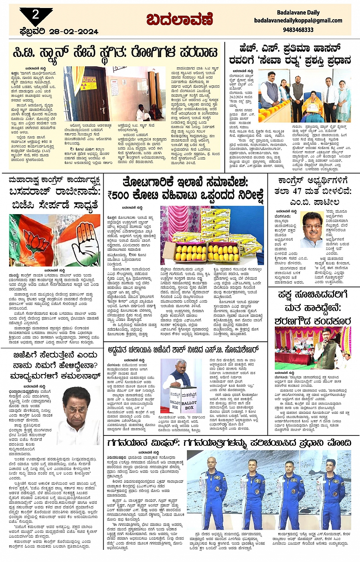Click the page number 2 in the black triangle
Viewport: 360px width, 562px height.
35,14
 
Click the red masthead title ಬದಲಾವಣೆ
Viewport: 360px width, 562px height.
179,19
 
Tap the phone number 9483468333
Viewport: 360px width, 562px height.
298,30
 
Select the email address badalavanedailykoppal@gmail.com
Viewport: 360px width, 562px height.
298,21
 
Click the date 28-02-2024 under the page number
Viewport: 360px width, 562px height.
59,32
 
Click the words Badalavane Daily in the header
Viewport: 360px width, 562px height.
298,13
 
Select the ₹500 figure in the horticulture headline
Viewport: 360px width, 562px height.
118,195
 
